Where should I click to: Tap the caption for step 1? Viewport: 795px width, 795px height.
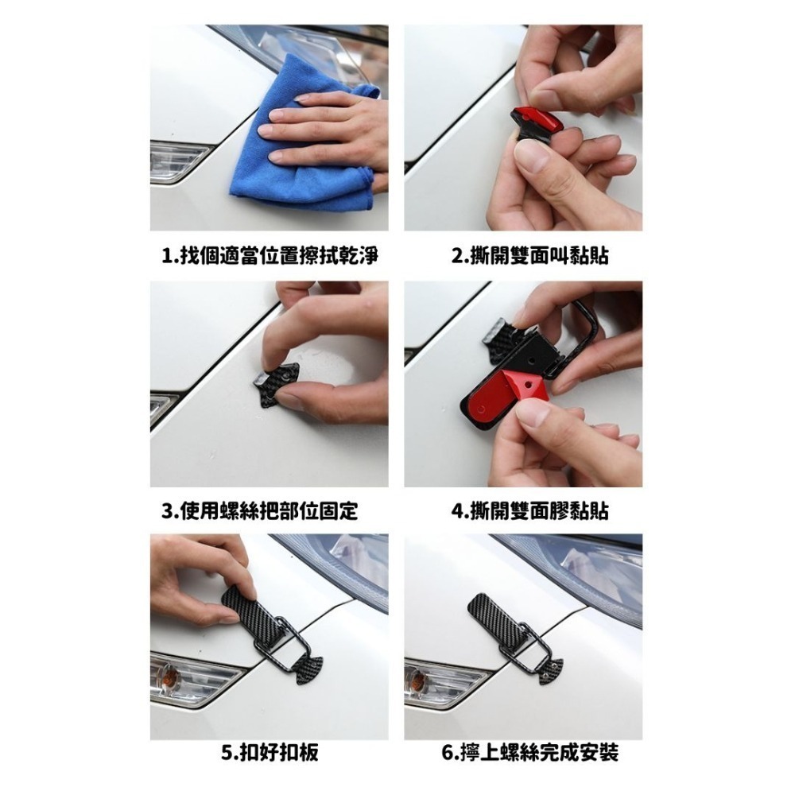point(270,255)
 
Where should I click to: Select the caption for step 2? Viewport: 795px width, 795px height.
point(529,255)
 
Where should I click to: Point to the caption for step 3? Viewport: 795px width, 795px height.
point(260,510)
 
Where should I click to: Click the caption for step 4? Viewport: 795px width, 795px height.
point(529,510)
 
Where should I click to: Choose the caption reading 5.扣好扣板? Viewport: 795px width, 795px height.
point(270,752)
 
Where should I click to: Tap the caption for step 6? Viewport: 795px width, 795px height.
point(529,752)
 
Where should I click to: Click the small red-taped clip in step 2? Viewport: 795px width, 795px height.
point(535,122)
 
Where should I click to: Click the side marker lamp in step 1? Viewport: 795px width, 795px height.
point(177,161)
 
